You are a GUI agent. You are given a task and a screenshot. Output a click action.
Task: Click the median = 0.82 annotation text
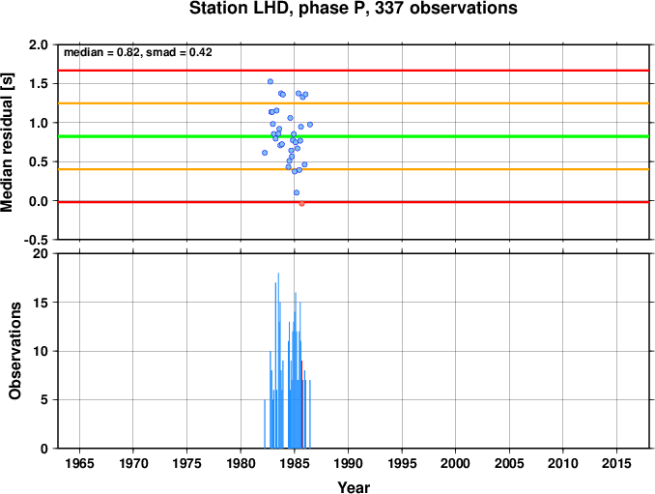(101, 52)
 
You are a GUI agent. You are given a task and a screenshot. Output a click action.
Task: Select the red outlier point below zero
(301, 204)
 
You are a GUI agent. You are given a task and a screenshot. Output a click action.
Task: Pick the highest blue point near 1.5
(271, 81)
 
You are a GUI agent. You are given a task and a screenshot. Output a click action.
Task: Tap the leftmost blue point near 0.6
(265, 153)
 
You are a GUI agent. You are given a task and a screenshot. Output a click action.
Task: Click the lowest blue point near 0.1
(297, 192)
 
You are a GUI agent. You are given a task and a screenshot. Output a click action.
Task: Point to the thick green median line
(354, 136)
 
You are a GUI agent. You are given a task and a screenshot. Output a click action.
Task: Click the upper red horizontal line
(354, 71)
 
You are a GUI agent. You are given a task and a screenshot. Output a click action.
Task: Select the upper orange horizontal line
(354, 103)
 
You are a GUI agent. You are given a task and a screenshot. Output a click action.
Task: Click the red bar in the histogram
(301, 404)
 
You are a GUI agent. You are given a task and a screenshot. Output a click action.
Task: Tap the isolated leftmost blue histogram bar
(265, 423)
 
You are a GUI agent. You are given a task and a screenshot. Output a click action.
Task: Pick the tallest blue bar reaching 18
(278, 361)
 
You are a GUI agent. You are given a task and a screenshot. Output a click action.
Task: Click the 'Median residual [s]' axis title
(7, 142)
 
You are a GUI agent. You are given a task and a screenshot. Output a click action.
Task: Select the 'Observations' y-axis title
(15, 351)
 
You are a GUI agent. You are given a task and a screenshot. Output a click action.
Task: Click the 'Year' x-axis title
(354, 487)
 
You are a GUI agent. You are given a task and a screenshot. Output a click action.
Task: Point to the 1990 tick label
(348, 463)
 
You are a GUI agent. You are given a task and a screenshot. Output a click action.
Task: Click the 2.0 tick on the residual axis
(39, 44)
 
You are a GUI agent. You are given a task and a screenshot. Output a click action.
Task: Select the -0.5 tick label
(36, 240)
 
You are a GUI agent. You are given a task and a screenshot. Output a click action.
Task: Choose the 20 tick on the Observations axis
(41, 253)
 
